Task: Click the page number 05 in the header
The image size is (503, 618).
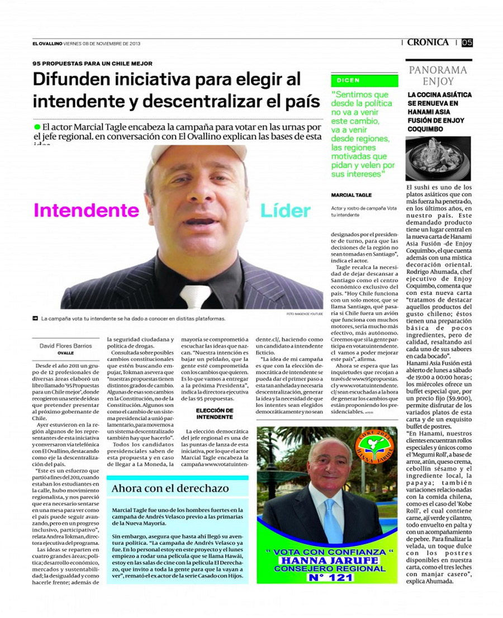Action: [x=467, y=42]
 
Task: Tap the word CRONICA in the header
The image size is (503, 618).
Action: [x=428, y=42]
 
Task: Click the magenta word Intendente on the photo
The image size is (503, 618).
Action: [x=86, y=210]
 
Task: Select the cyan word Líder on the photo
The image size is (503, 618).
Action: [x=285, y=211]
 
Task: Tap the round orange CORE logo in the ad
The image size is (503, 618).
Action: [x=374, y=446]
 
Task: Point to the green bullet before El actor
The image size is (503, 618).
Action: [x=37, y=127]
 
